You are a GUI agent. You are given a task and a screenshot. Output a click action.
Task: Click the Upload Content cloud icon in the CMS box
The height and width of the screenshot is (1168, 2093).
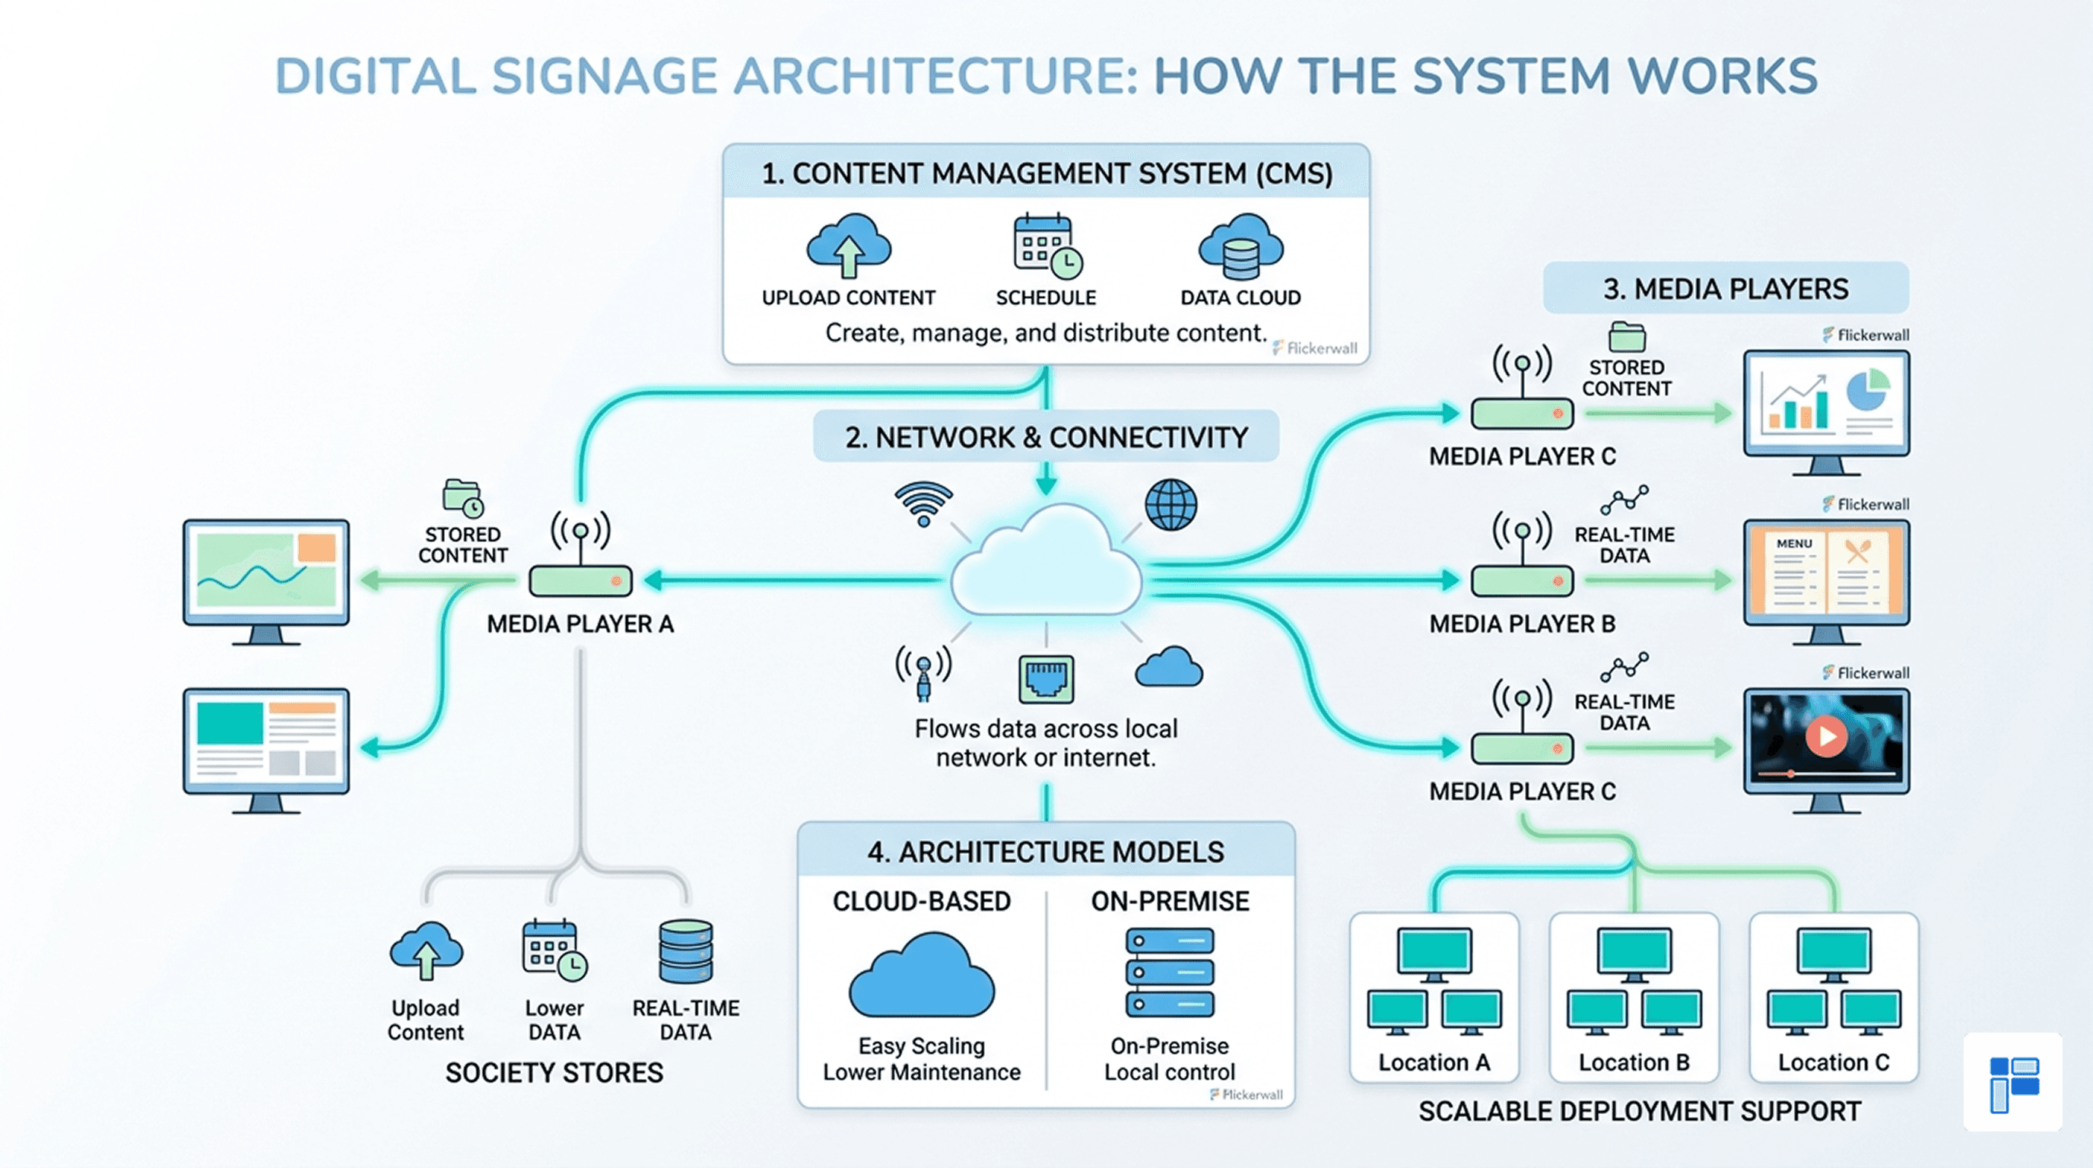848,246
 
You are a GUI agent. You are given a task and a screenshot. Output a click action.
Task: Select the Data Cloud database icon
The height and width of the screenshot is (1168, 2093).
1240,247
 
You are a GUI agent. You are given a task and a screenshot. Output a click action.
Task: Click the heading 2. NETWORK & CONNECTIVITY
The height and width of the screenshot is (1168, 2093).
1046,438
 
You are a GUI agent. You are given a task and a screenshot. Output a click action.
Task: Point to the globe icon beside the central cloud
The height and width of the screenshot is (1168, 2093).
1170,504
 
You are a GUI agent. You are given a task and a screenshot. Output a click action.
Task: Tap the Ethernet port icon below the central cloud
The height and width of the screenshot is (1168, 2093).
1046,679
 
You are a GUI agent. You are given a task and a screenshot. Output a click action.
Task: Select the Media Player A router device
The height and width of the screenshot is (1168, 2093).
580,581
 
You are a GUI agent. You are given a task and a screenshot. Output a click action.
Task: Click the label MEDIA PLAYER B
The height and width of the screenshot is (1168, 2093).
1522,624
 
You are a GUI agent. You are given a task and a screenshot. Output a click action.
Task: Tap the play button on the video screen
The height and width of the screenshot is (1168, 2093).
1827,736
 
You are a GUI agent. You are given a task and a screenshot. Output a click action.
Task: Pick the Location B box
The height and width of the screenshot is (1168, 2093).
1634,997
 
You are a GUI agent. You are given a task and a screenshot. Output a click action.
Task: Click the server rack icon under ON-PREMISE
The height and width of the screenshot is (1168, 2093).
1169,973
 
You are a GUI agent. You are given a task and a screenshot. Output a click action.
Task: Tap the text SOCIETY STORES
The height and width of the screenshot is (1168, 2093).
554,1073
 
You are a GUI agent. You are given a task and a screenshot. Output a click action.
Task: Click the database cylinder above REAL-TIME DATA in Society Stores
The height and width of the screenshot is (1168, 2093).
686,951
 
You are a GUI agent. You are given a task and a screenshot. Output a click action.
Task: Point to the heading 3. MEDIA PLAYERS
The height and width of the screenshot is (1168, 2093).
1725,289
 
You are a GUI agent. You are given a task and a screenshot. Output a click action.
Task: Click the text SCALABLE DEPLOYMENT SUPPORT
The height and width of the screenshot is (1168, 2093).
1640,1111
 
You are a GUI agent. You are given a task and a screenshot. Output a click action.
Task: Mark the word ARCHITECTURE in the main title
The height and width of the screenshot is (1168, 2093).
935,76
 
